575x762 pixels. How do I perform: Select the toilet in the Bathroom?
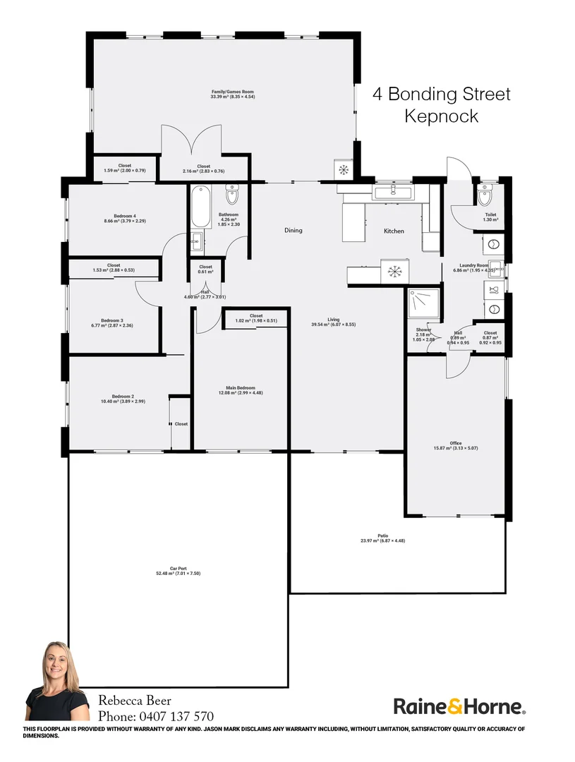click(232, 194)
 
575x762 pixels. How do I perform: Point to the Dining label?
click(293, 230)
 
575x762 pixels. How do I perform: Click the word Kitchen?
click(393, 231)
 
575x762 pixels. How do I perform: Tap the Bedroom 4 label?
click(124, 216)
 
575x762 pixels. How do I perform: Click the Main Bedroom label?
click(241, 388)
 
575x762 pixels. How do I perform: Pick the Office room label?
click(456, 443)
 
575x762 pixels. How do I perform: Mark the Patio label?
click(383, 536)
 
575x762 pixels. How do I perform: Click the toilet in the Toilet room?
click(483, 196)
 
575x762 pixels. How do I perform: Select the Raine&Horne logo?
click(459, 706)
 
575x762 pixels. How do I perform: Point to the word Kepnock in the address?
click(441, 116)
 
